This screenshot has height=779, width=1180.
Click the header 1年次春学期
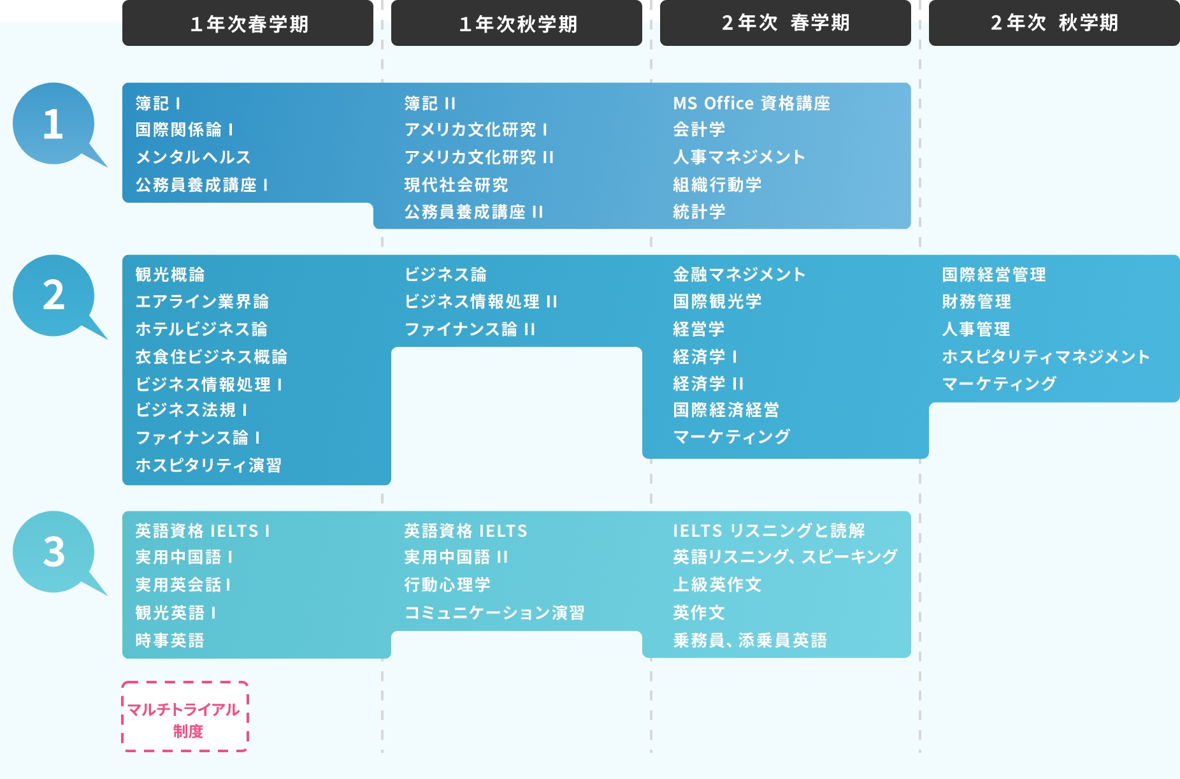[248, 24]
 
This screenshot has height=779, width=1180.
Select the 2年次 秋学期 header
[1054, 23]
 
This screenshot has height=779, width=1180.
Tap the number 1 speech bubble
[54, 124]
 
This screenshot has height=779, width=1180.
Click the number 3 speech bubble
[54, 551]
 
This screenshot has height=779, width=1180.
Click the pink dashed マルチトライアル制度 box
[185, 717]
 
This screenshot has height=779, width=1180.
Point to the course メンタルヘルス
[193, 157]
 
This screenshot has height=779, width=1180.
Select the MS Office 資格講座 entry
[751, 103]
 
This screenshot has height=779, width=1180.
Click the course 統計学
[699, 212]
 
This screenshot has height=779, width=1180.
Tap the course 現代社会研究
[456, 185]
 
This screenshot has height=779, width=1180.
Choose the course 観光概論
[170, 275]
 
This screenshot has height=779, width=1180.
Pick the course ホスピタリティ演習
[208, 465]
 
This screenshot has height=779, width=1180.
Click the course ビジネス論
[445, 275]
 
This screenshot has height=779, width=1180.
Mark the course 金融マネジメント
[739, 275]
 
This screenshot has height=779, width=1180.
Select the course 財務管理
[976, 302]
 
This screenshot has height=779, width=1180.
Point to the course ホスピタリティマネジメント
[1046, 356]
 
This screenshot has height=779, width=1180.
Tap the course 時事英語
[169, 640]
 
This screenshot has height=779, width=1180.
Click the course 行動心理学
[447, 585]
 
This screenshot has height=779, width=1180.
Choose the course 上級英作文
[717, 585]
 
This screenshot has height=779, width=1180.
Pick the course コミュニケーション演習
[494, 613]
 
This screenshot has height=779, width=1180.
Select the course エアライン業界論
[202, 302]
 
